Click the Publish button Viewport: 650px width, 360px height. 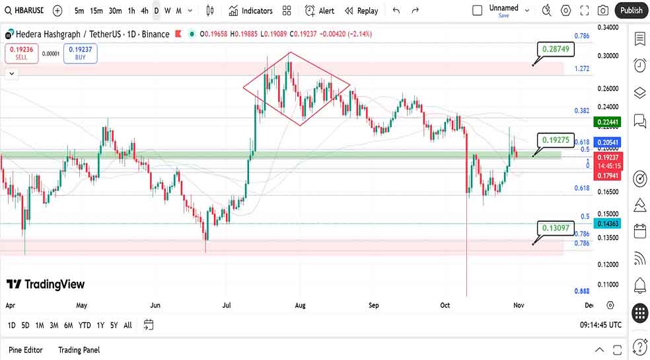(x=631, y=10)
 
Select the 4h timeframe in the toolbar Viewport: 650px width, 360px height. (x=144, y=11)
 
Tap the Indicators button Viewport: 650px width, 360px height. (x=250, y=11)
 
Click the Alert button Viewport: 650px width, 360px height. (x=320, y=11)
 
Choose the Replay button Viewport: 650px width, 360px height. (x=361, y=11)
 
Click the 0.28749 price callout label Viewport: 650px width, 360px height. (x=556, y=49)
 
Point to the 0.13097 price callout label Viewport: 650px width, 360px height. (x=556, y=228)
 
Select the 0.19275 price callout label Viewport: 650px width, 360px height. (x=556, y=140)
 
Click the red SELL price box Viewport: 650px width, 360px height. (x=21, y=53)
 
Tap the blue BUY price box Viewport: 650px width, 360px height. (x=80, y=53)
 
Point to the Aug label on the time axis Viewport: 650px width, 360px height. (x=301, y=306)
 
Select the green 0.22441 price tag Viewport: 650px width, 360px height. (x=607, y=122)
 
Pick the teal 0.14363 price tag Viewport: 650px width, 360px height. (x=607, y=224)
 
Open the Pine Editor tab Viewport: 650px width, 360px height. (x=26, y=349)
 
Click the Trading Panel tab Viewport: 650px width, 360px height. (x=79, y=349)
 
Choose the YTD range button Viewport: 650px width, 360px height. (x=85, y=325)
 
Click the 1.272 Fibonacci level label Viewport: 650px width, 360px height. (x=582, y=69)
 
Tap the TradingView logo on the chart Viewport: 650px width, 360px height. (x=46, y=284)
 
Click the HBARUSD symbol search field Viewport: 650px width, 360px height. (x=25, y=11)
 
